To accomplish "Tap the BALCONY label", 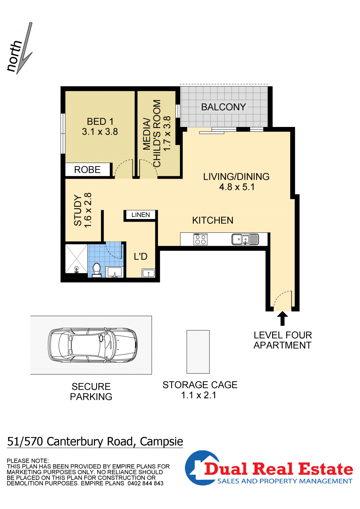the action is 223,107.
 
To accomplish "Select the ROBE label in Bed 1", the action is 87,170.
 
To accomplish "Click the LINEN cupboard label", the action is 140,215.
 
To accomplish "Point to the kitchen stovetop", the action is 201,239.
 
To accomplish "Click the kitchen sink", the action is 245,239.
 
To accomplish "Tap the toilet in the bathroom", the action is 97,270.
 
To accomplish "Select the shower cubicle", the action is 76,259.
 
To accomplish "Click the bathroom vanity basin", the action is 115,272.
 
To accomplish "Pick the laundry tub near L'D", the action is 149,273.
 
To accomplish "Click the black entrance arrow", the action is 282,318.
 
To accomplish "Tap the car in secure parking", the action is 93,345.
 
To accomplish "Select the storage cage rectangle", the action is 198,352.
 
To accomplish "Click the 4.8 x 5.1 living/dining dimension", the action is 237,187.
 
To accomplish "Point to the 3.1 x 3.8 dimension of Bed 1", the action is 100,132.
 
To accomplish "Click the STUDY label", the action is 78,210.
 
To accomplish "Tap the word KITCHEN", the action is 213,221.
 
